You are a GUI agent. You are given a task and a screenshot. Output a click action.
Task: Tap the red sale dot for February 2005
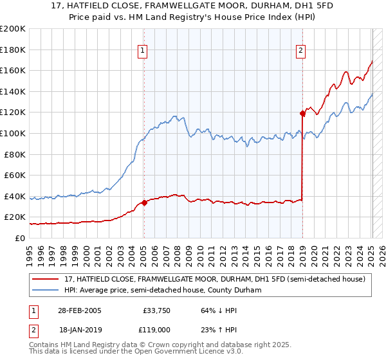[x=144, y=203]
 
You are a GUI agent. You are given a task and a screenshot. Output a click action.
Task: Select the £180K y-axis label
[x=13, y=50]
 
